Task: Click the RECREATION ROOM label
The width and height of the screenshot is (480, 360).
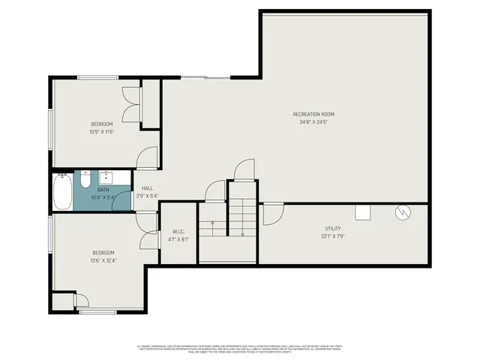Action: tap(313, 114)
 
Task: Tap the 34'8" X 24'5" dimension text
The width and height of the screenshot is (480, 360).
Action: tap(313, 121)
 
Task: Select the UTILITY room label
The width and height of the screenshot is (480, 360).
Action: tap(333, 228)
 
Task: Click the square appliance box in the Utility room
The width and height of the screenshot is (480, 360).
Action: tap(363, 212)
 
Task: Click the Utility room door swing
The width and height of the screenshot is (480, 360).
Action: tap(271, 214)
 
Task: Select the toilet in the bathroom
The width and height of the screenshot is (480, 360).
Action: tap(85, 181)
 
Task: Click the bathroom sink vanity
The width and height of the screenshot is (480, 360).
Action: tap(106, 178)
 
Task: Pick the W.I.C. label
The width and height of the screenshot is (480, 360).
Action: tap(178, 232)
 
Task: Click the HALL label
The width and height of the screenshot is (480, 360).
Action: tap(147, 188)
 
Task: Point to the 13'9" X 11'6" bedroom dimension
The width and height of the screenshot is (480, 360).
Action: tap(102, 131)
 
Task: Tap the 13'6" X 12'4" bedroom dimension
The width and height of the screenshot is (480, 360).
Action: tap(103, 260)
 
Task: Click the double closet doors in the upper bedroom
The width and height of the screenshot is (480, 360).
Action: tap(131, 103)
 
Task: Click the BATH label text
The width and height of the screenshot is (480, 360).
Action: tap(103, 190)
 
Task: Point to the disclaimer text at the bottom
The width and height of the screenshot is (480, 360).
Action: tap(240, 348)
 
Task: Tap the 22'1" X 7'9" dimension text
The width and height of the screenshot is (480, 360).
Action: tap(333, 235)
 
